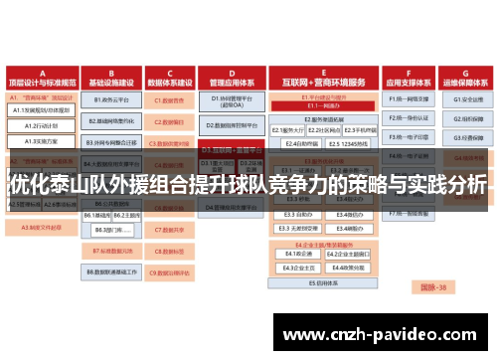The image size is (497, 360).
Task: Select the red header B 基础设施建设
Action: point(111,78)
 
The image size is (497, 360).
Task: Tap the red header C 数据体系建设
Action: point(170,78)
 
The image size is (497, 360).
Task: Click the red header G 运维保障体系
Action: point(463,78)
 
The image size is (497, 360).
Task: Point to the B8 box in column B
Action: point(111,270)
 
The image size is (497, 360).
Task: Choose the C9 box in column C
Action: point(171,270)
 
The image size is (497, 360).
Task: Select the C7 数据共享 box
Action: point(171,229)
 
